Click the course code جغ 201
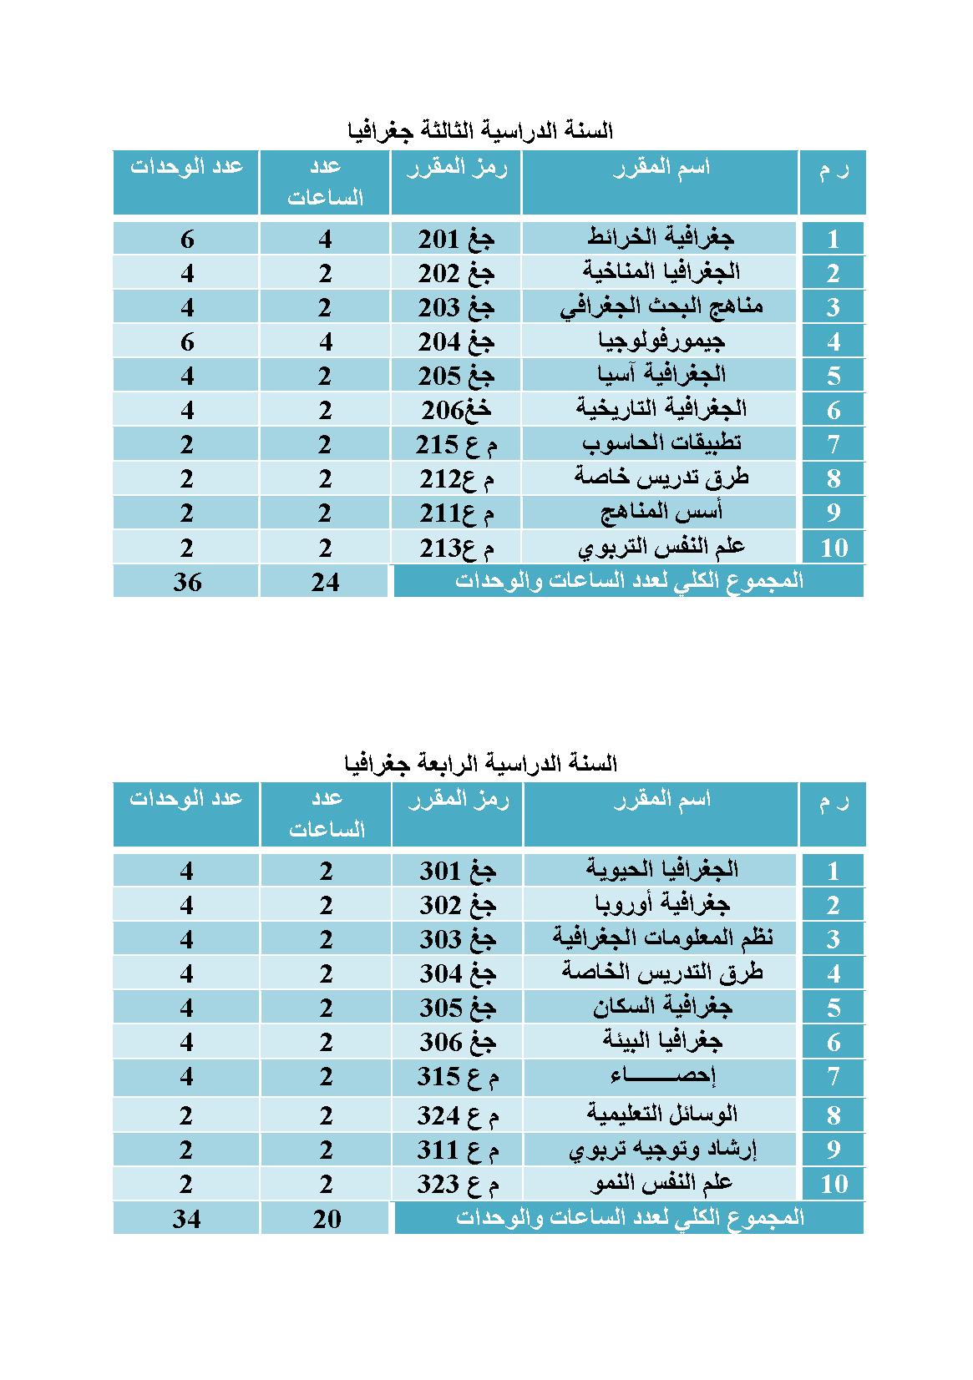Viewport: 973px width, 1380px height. [x=456, y=240]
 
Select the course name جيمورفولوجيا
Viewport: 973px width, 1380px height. [x=661, y=341]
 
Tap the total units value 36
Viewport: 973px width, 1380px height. [x=187, y=582]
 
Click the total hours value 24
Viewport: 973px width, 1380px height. [x=326, y=582]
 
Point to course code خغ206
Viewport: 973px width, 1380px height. [x=456, y=410]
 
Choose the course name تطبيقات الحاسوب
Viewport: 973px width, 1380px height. [x=661, y=443]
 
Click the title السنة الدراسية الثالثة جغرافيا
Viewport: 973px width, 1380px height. [x=480, y=131]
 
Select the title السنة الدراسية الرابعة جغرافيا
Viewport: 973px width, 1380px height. [x=480, y=763]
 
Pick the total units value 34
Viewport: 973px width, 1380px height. [x=187, y=1219]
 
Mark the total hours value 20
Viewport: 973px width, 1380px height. [x=327, y=1219]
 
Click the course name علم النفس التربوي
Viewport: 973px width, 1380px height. [x=661, y=547]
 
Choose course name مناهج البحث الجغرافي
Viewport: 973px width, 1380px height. [x=661, y=307]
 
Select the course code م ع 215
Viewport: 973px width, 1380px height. [x=456, y=444]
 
